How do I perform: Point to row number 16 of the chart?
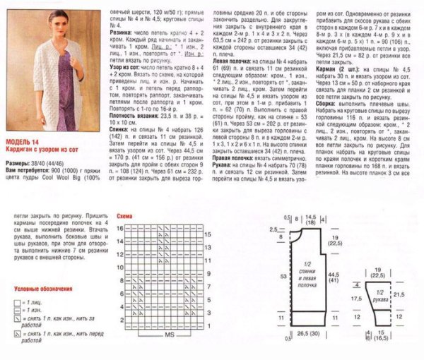121,228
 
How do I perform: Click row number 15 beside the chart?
208,234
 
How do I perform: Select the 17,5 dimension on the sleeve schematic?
357,299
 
